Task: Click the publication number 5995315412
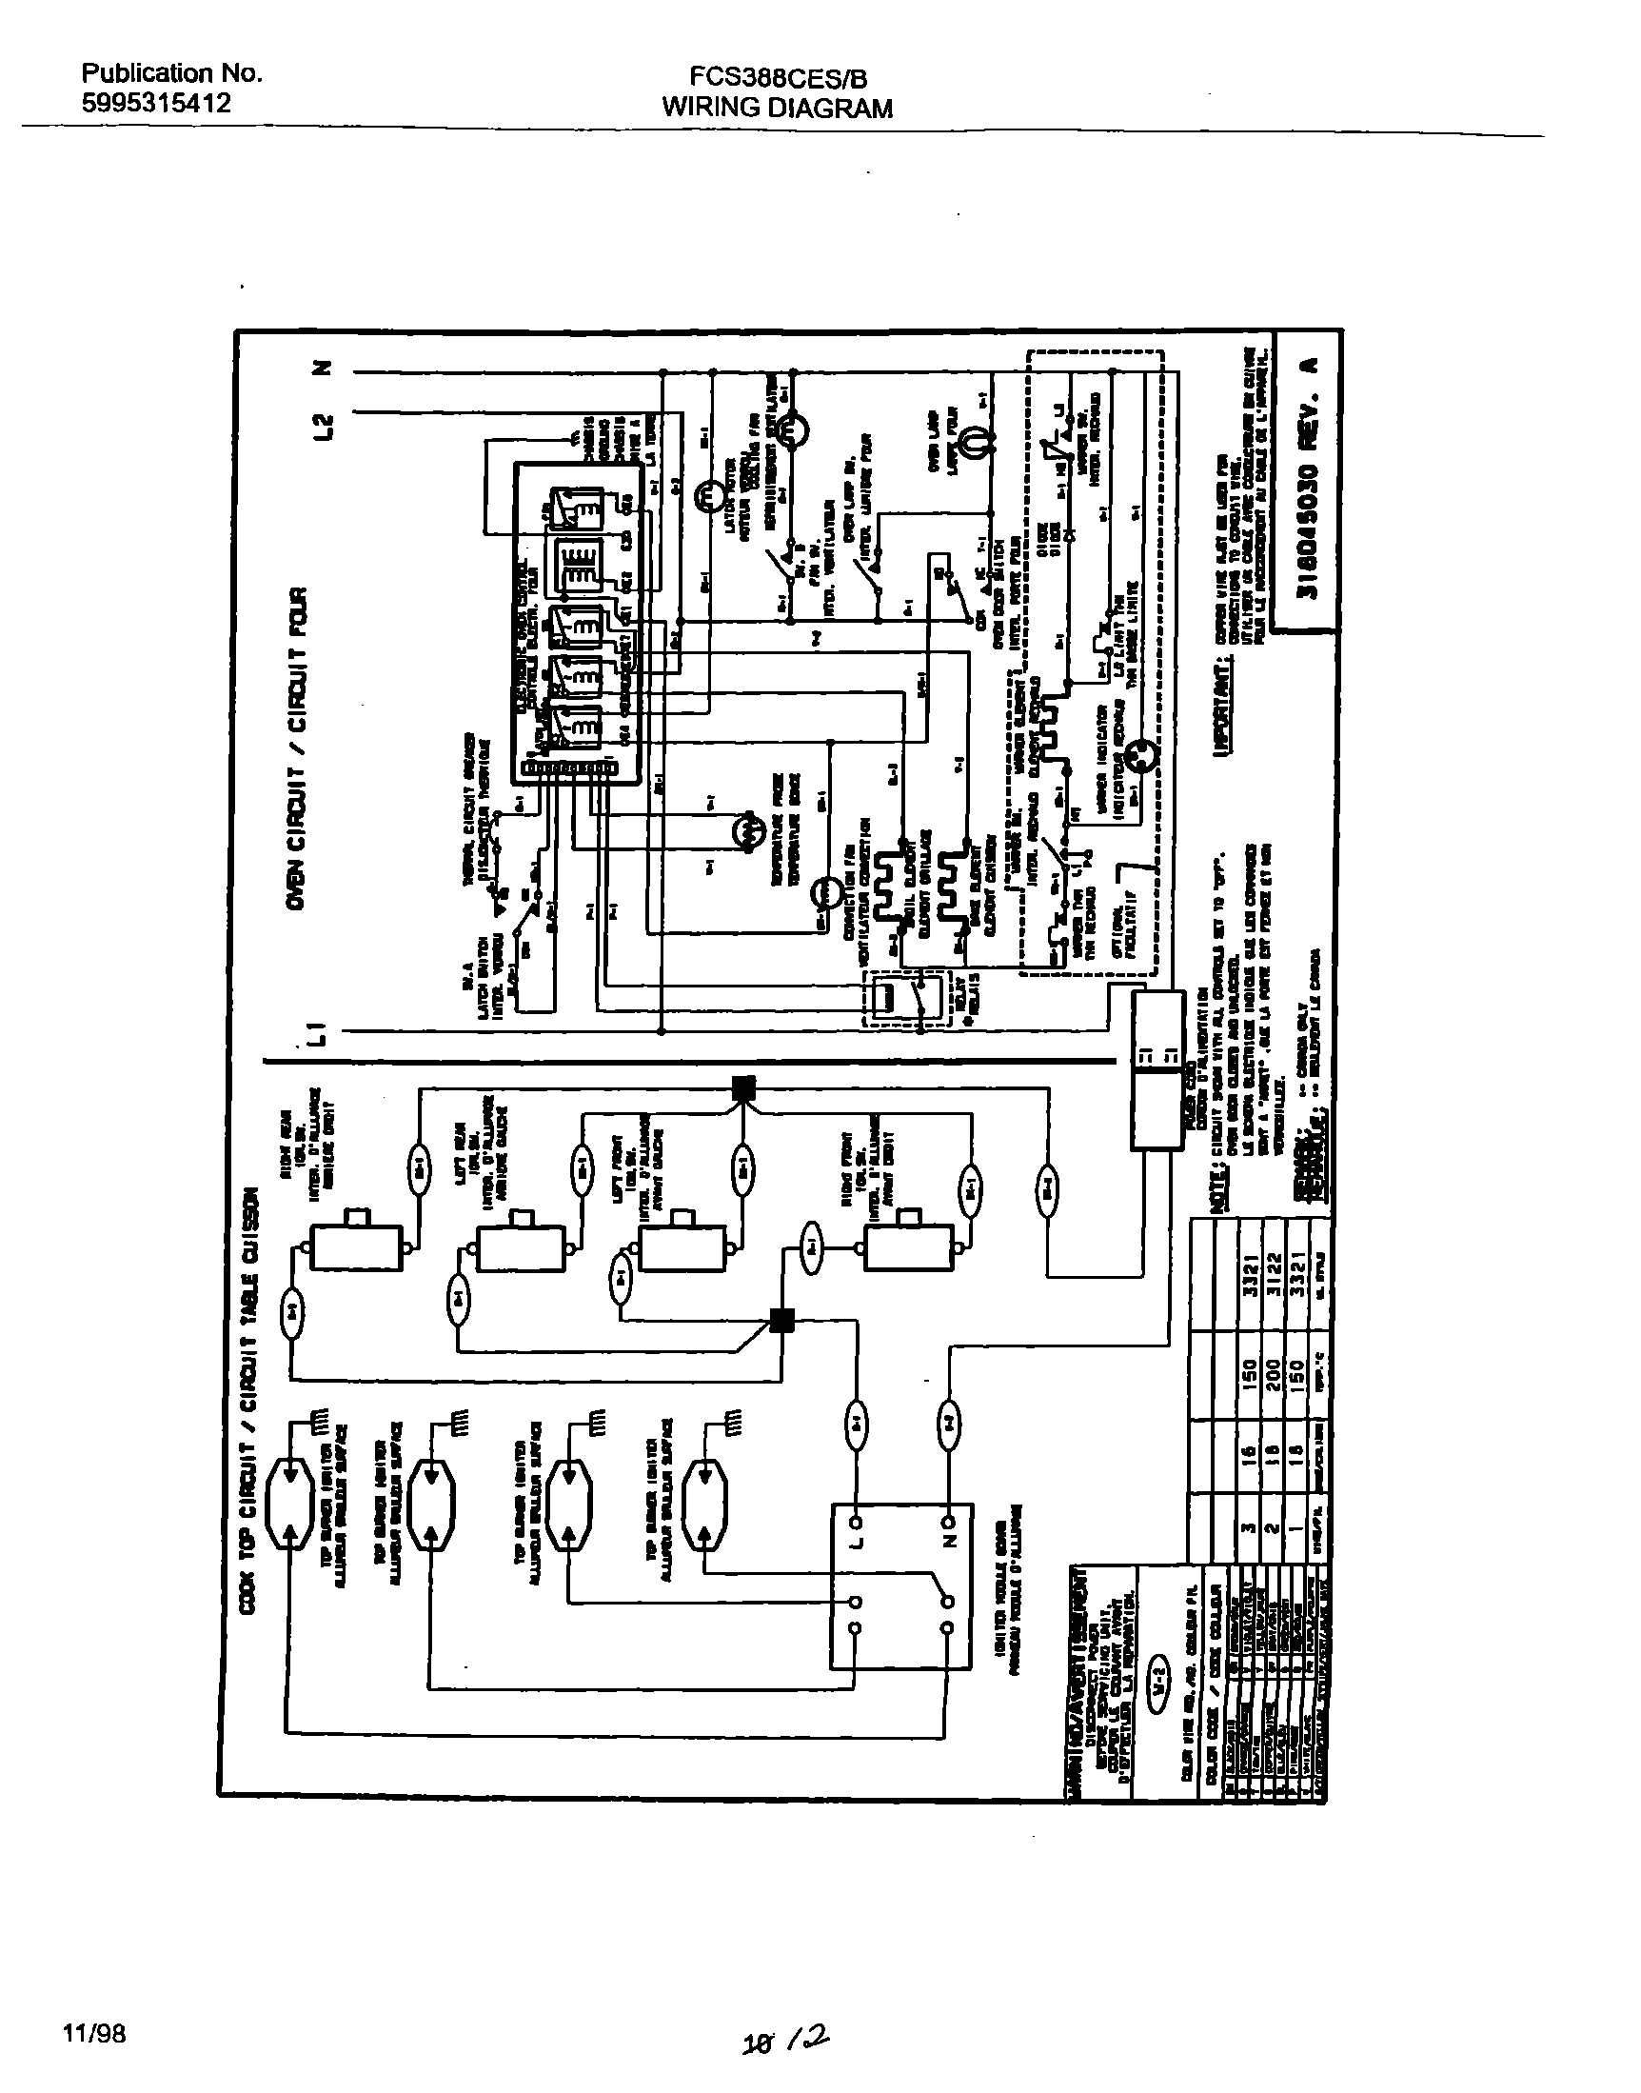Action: click(x=156, y=104)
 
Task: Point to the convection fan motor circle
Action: click(x=823, y=894)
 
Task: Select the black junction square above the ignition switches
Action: click(x=743, y=1087)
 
